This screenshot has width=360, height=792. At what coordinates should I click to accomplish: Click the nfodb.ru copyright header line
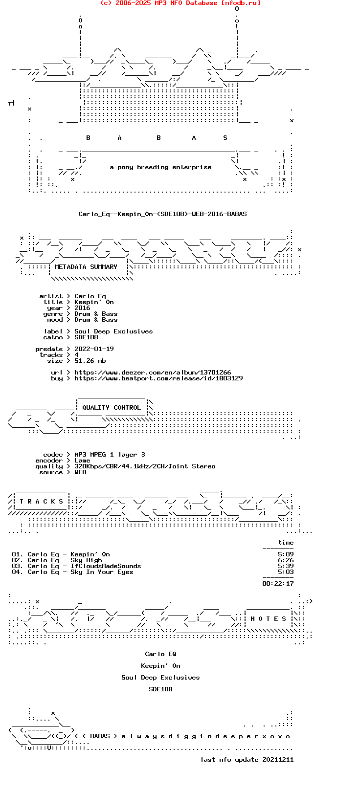(x=180, y=3)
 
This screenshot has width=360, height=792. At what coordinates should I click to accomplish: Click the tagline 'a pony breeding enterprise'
(x=160, y=167)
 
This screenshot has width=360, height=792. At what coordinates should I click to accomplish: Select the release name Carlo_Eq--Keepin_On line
(x=163, y=214)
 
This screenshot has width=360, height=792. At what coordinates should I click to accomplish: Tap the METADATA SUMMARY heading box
(x=86, y=267)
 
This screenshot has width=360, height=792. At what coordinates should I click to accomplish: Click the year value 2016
(x=82, y=308)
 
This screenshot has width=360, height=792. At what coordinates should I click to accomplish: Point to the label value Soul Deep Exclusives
(x=113, y=331)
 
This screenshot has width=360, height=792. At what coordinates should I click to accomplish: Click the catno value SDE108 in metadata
(x=86, y=337)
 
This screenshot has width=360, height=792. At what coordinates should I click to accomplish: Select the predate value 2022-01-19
(x=94, y=349)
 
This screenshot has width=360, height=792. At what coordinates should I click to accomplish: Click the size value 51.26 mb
(x=90, y=361)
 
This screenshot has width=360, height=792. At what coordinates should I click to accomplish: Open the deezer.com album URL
(x=153, y=373)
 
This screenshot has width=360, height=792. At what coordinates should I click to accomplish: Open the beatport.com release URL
(x=158, y=378)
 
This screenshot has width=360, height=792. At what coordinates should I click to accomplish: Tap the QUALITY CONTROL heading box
(x=112, y=408)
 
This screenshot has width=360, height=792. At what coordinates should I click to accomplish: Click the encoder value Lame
(x=82, y=461)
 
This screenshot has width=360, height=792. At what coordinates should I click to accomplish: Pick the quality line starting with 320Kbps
(x=145, y=466)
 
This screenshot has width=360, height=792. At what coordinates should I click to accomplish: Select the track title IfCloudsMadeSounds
(x=106, y=566)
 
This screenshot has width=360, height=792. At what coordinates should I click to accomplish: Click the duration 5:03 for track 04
(x=286, y=572)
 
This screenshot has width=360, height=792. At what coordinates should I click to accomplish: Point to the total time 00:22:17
(x=278, y=583)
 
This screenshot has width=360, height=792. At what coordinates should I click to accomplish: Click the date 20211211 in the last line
(x=278, y=759)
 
